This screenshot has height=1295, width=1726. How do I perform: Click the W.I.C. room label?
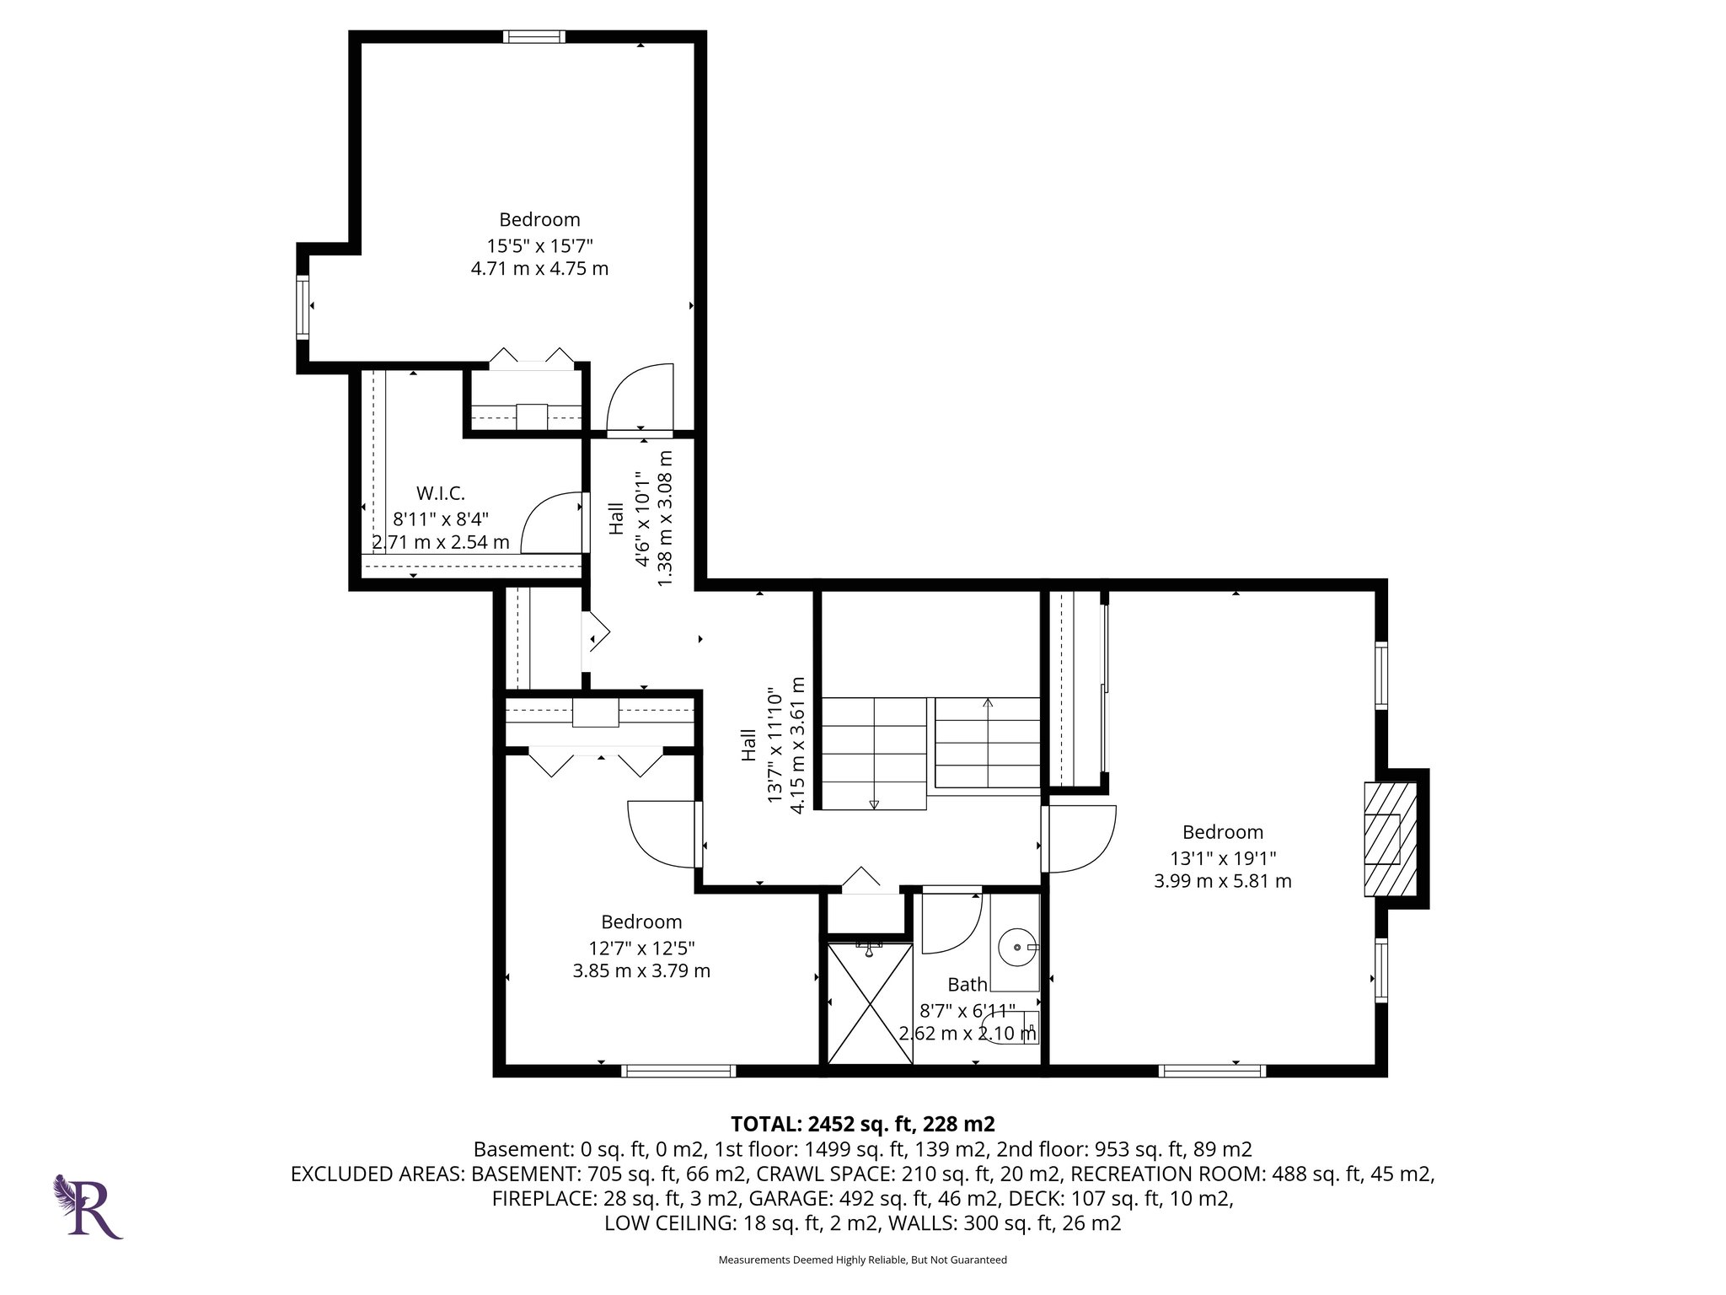click(x=440, y=493)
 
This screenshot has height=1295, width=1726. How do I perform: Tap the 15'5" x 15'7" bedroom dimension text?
click(x=539, y=246)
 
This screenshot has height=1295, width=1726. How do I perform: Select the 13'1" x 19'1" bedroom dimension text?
click(x=1222, y=858)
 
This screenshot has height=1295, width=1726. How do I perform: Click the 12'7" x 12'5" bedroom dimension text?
click(x=641, y=948)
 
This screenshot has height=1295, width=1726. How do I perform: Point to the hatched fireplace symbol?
click(x=1390, y=839)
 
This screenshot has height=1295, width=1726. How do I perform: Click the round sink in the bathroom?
click(x=1017, y=948)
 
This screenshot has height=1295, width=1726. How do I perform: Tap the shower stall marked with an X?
click(x=870, y=1003)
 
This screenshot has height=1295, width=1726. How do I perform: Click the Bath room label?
click(x=967, y=984)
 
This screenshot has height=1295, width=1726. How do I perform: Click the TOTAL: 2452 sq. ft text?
click(x=862, y=1124)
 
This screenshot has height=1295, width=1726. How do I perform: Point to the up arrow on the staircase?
click(x=988, y=701)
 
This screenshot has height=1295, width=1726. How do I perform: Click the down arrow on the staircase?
click(x=874, y=803)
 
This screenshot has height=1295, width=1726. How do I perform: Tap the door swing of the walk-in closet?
click(x=549, y=524)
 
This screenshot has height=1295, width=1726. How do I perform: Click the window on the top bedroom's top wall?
click(x=534, y=36)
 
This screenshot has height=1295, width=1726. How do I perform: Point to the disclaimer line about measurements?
click(x=862, y=1260)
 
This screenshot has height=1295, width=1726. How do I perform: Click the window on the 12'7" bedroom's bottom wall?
click(x=678, y=1071)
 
